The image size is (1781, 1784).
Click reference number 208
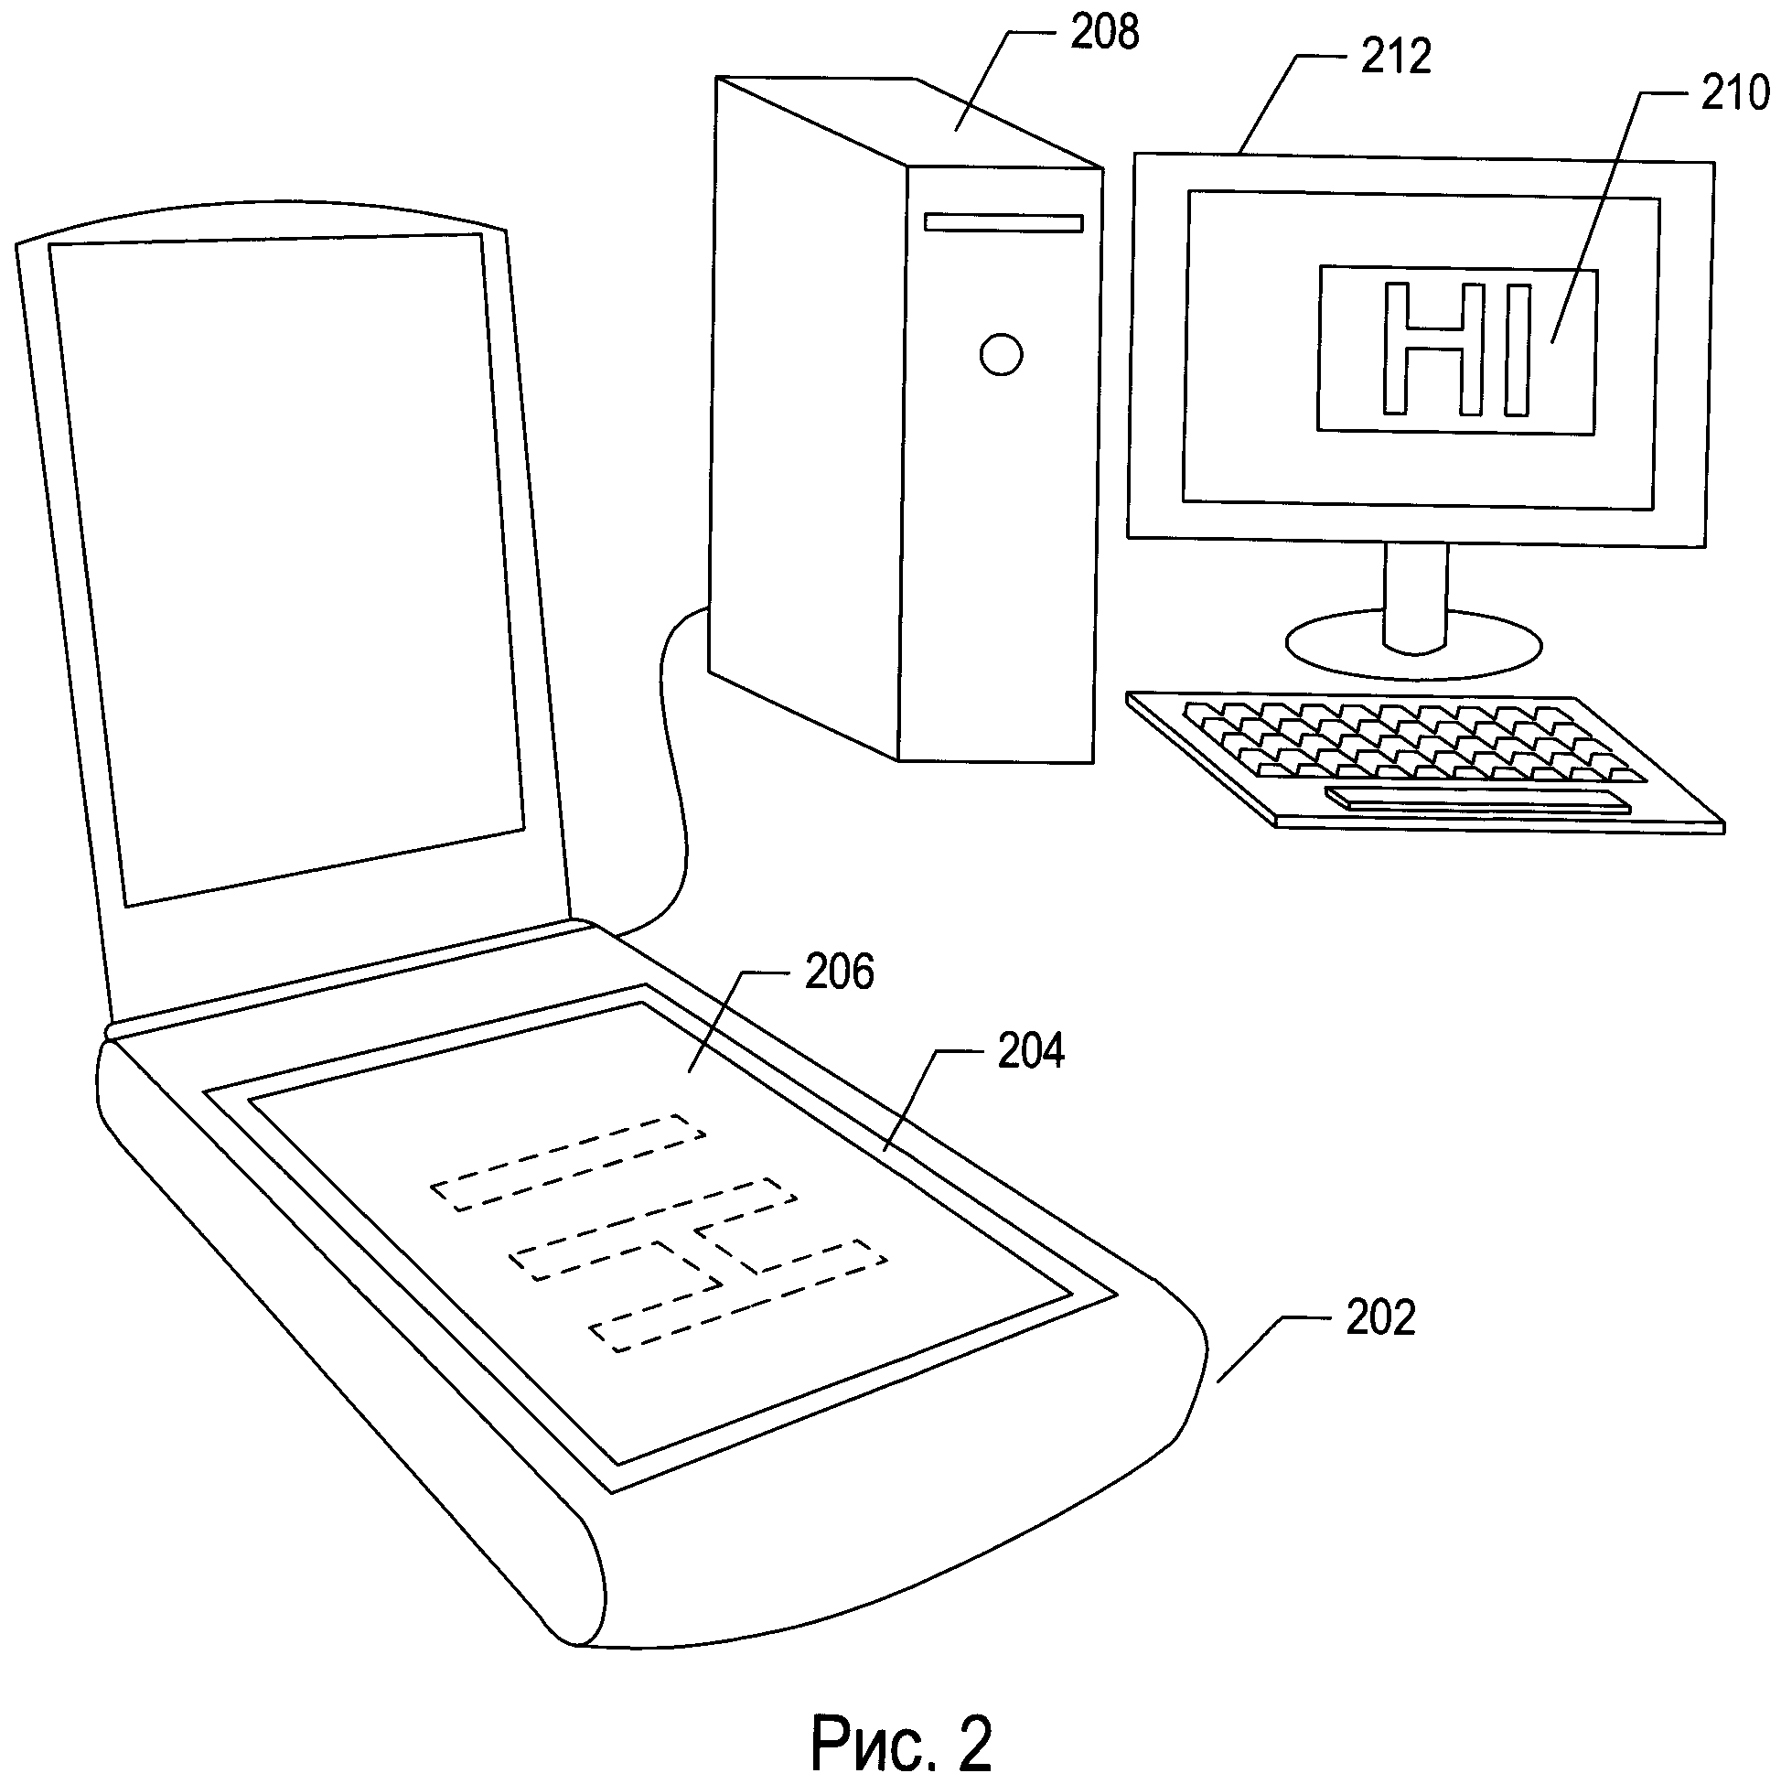[x=1104, y=34]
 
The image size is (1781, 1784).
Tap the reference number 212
[x=1395, y=58]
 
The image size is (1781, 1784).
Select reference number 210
[x=1735, y=94]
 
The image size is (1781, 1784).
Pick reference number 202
[x=1379, y=1318]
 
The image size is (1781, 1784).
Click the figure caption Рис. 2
[x=901, y=1742]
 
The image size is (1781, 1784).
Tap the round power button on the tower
[x=1001, y=354]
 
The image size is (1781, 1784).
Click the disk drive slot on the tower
[x=1003, y=222]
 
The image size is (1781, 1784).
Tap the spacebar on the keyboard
[x=1477, y=800]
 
